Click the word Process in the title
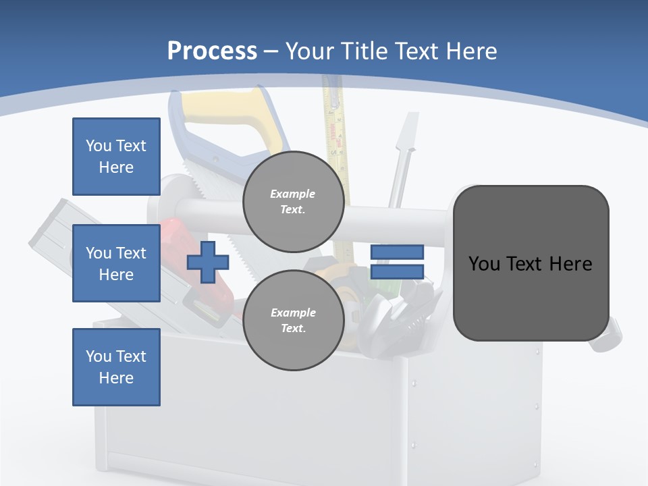tap(212, 51)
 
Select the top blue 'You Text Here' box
tap(116, 157)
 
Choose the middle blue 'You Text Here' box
tap(116, 263)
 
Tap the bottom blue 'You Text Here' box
tap(116, 367)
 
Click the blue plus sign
tap(207, 262)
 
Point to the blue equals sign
tap(397, 262)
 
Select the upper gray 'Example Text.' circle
tap(293, 201)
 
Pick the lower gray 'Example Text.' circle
tap(293, 320)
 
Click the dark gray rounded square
tap(531, 263)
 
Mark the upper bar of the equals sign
tap(397, 252)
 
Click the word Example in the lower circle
tap(293, 313)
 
